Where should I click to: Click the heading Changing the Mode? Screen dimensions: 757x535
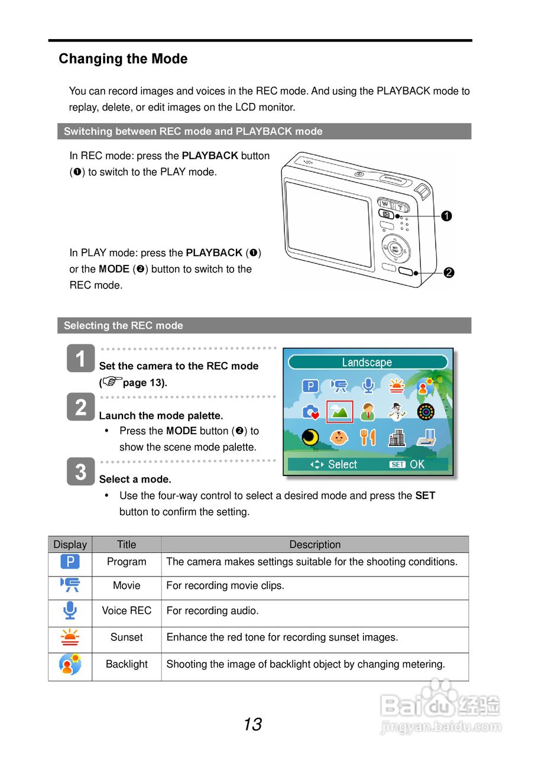point(123,59)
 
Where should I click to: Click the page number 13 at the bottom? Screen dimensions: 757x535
point(252,724)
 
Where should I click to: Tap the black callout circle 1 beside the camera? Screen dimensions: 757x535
point(446,216)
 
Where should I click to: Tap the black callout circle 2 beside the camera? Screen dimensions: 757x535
point(449,273)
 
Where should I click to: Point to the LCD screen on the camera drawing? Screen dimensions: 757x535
point(329,223)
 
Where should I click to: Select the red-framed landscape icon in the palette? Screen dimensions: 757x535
point(339,412)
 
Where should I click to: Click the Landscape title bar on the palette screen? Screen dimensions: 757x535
point(367,363)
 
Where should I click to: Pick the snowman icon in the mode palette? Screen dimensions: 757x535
point(397,412)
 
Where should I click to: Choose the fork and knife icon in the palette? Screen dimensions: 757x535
point(368,437)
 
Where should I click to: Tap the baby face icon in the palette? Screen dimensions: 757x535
point(339,437)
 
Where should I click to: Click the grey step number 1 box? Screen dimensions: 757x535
point(80,359)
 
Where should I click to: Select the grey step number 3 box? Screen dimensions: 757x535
point(80,471)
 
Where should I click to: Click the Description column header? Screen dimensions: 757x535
point(314,545)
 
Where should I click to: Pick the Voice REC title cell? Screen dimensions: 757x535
point(127,611)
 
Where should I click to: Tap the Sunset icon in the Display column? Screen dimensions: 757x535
point(70,638)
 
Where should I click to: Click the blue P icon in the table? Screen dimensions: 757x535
point(70,562)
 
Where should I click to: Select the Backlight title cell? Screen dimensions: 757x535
point(127,664)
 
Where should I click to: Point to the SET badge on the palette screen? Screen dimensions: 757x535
point(397,464)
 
